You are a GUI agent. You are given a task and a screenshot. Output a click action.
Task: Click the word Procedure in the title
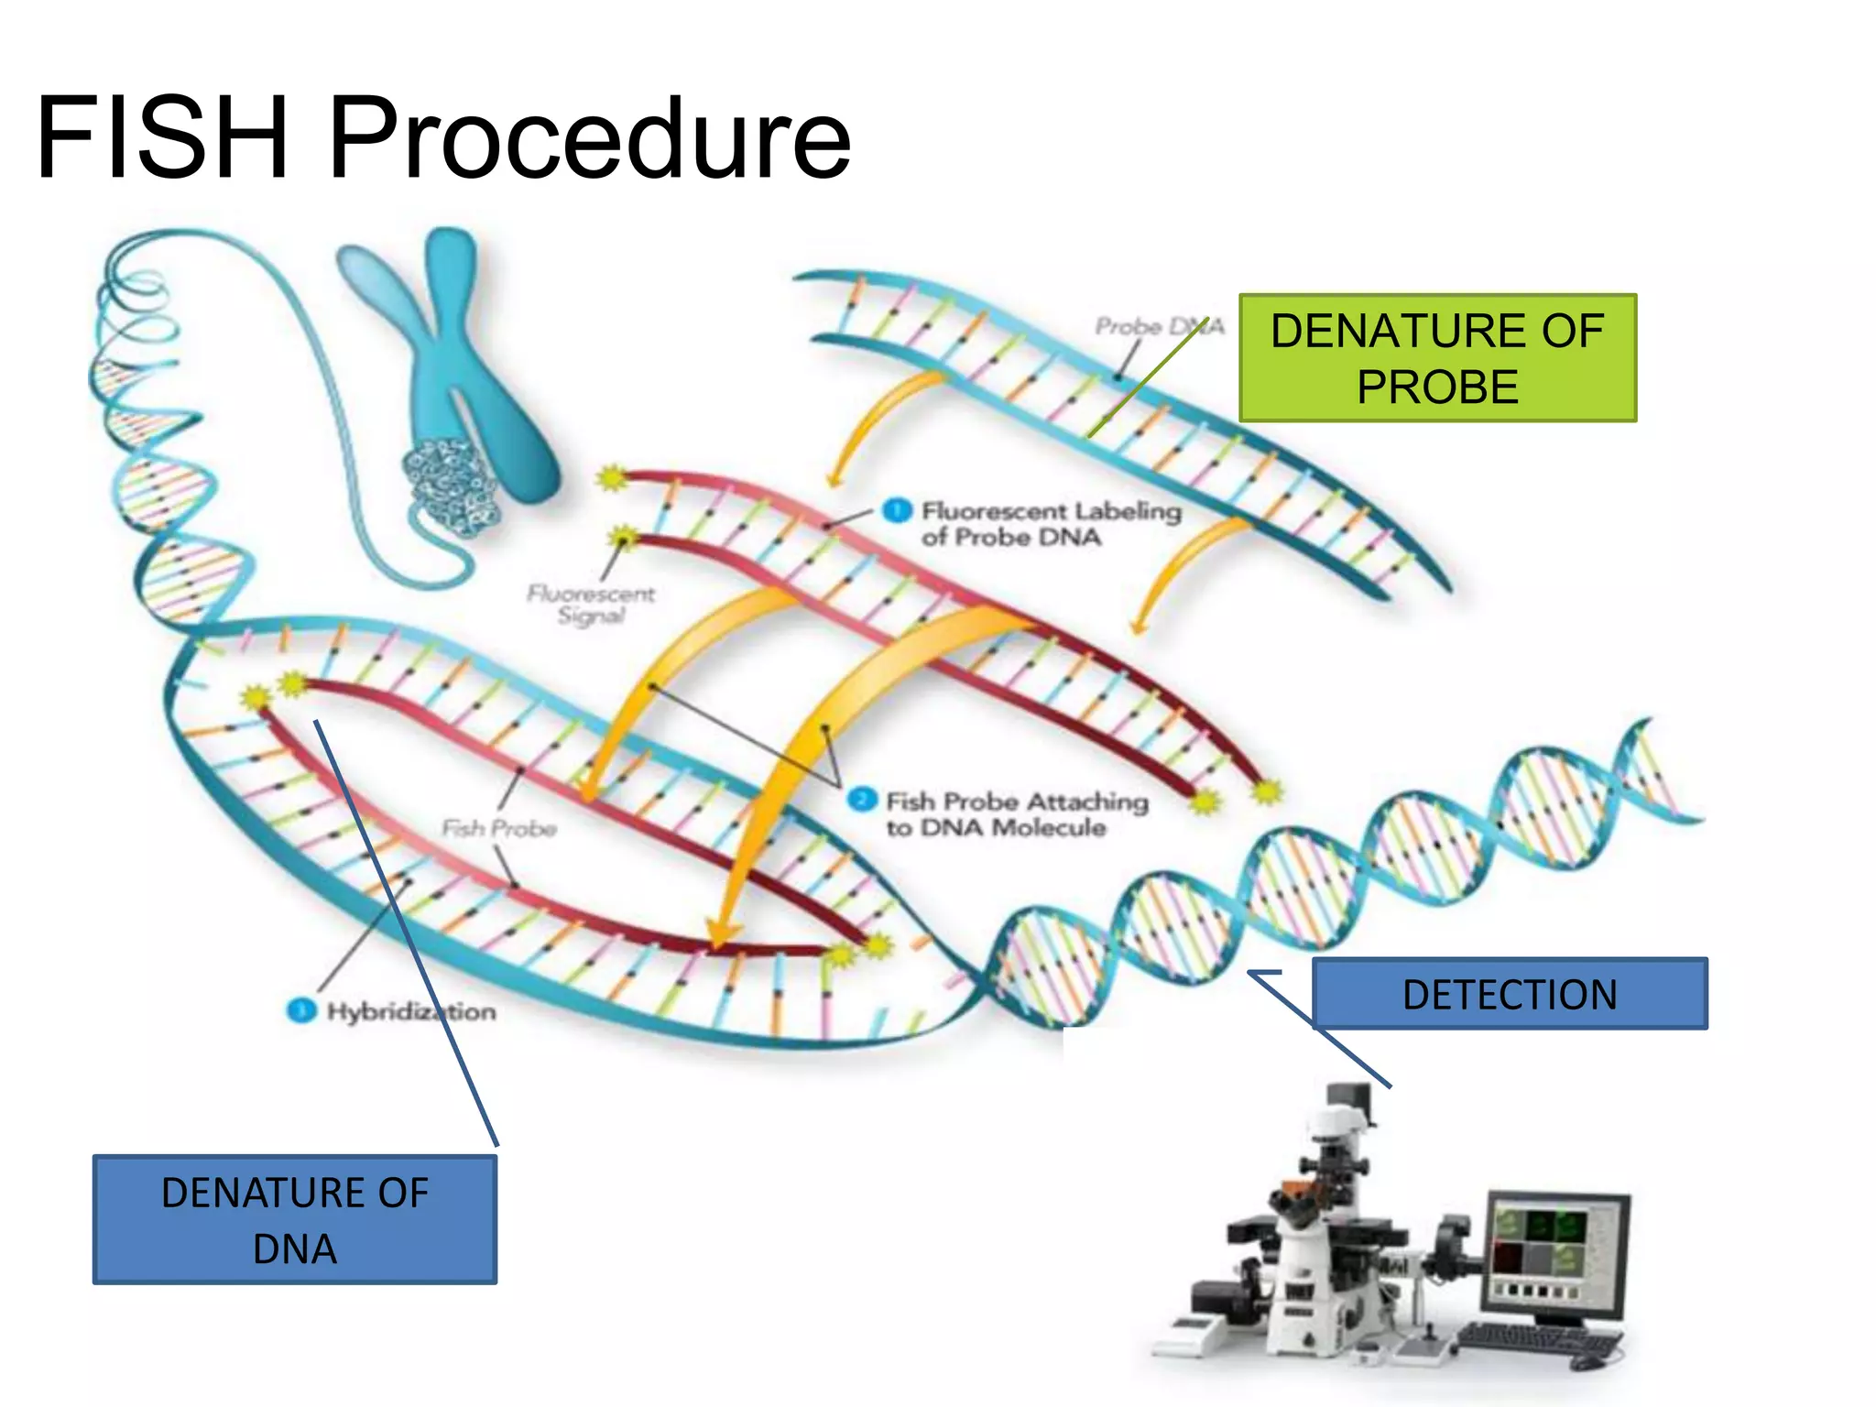(x=589, y=139)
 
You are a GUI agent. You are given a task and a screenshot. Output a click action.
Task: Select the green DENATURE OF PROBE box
(x=1436, y=358)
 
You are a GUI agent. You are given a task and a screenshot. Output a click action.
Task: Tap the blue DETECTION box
(x=1510, y=994)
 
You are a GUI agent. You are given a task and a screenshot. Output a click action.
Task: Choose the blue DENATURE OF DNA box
(x=294, y=1220)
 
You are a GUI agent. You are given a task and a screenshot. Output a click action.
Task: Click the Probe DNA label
(x=1158, y=326)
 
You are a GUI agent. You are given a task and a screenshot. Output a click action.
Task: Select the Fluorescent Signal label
(x=591, y=605)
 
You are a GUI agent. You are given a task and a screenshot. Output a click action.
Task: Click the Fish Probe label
(x=499, y=829)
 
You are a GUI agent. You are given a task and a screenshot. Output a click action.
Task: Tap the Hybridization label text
(x=411, y=1011)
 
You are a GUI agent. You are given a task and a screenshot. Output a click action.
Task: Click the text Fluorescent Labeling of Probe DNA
(x=1050, y=523)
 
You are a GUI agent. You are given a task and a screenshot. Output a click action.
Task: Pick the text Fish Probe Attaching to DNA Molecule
(x=1015, y=814)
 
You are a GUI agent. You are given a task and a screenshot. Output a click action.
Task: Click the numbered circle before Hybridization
(x=300, y=1010)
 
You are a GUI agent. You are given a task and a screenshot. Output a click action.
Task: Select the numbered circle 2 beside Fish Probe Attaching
(x=861, y=800)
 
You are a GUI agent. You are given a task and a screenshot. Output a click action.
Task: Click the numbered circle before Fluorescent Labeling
(x=897, y=510)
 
